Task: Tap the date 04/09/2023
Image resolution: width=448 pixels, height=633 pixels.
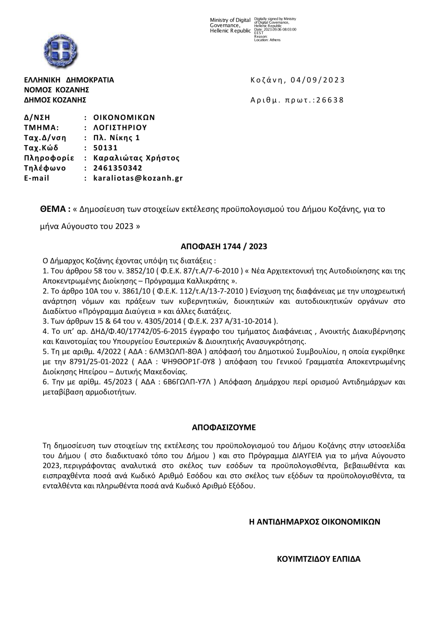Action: point(318,80)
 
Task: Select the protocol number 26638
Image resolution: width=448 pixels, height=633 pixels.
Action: point(330,100)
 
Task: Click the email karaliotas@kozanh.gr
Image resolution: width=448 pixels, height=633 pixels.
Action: point(138,178)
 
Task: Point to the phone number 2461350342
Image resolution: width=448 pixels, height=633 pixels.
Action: point(118,168)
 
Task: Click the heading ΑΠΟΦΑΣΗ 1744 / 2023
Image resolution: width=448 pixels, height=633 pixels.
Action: point(224,246)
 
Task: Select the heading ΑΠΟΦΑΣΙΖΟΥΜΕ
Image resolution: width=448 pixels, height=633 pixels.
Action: point(224,427)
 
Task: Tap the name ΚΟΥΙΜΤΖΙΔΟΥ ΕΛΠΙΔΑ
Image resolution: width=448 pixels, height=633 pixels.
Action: point(319,559)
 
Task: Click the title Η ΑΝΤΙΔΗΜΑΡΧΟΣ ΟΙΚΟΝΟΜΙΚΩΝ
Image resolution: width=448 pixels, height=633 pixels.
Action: point(314,521)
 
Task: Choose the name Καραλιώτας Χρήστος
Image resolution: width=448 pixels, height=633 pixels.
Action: point(136,158)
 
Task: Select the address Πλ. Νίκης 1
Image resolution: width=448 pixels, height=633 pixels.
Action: point(116,138)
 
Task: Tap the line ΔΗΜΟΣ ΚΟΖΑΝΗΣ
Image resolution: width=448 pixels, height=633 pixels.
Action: point(55,100)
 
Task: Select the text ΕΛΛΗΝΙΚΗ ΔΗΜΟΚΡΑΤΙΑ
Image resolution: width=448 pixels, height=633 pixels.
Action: point(69,80)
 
